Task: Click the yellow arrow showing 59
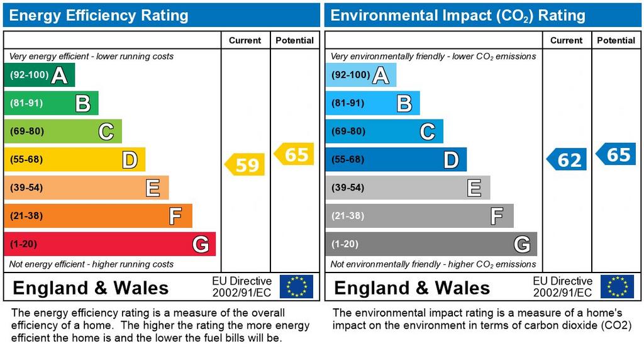coord(245,165)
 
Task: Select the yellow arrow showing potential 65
coord(294,154)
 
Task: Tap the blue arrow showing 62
coord(567,160)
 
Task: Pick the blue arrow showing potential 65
coord(616,154)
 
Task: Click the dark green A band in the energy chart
coord(39,76)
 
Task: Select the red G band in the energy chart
coord(109,244)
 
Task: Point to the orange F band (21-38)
coord(97,216)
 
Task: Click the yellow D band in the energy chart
coord(74,160)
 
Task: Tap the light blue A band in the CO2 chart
coord(360,76)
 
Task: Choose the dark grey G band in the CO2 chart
coord(431,244)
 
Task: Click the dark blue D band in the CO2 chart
coord(396,160)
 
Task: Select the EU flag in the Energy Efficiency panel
coord(296,286)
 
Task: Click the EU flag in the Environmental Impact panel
coord(617,286)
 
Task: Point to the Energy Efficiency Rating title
coord(99,15)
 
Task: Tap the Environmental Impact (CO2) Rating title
coord(458,15)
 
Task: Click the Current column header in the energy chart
coord(245,40)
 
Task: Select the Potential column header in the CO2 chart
coord(616,40)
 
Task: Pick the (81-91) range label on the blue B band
coord(348,103)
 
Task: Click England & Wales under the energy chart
coord(91,288)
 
